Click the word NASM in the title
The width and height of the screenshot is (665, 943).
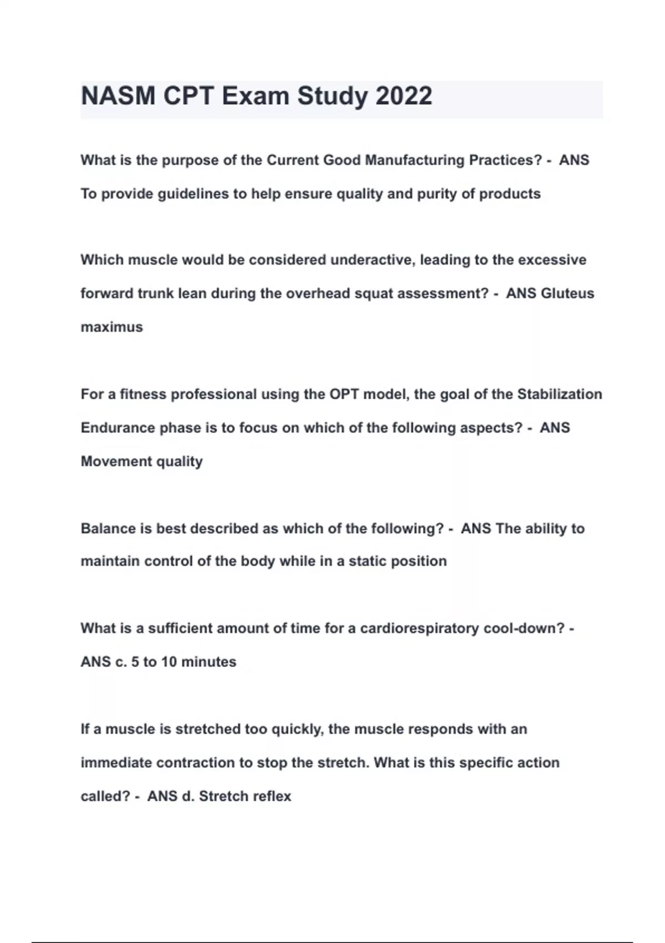click(x=118, y=96)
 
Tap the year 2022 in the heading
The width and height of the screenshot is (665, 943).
click(x=403, y=96)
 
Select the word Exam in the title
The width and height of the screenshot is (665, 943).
click(x=255, y=96)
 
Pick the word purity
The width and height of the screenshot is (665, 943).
click(x=436, y=194)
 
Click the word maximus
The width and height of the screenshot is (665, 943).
click(x=112, y=327)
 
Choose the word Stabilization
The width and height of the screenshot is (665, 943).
click(x=559, y=394)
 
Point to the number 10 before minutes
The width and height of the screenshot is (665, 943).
click(x=168, y=662)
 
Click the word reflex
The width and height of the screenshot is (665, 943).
click(x=272, y=797)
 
